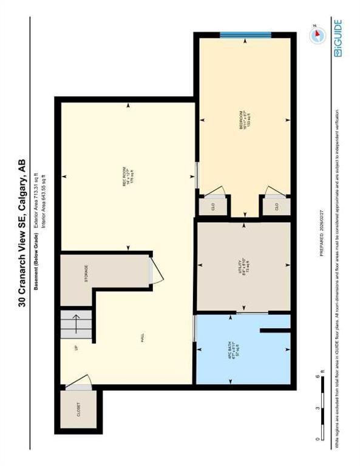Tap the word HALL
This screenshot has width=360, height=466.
143,339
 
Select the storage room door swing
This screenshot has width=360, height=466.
156,271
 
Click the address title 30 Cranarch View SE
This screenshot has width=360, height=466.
22,231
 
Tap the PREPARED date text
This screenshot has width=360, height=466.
321,238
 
